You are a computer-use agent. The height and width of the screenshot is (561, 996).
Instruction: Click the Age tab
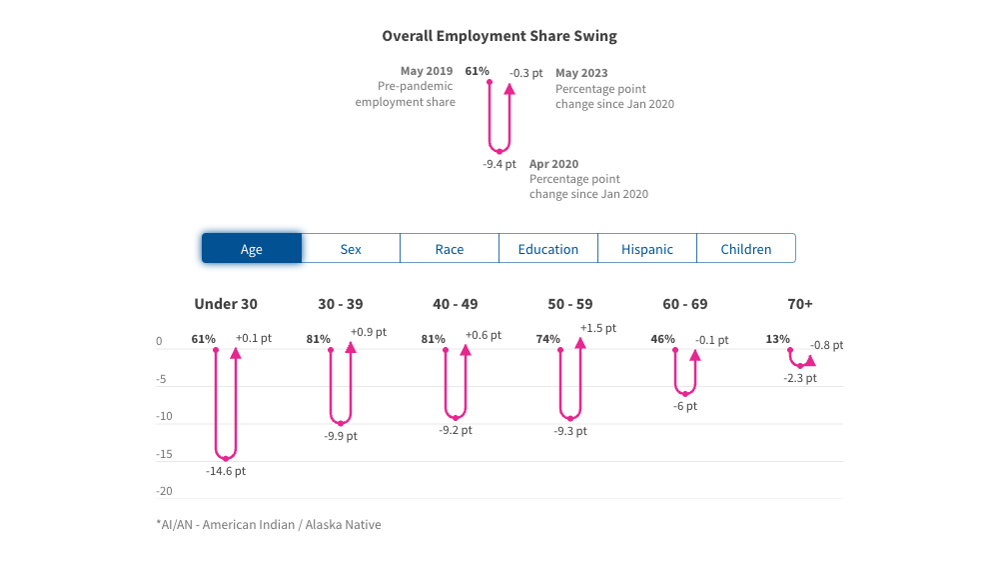[x=252, y=249]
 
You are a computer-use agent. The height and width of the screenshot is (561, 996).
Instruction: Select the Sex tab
[x=351, y=249]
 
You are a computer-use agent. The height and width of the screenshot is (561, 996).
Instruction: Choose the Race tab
[x=450, y=249]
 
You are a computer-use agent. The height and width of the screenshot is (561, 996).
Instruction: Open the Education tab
[x=547, y=249]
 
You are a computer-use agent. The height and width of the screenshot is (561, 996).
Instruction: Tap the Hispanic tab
[x=646, y=249]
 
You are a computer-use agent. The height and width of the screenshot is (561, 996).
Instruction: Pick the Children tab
[x=745, y=249]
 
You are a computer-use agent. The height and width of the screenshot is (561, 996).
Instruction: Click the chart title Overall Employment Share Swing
[x=498, y=36]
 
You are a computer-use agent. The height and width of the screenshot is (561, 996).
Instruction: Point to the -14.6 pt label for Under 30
[x=226, y=471]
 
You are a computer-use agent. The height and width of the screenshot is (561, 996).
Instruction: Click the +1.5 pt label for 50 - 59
[x=597, y=328]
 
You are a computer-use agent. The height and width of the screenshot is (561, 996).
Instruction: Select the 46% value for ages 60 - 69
[x=662, y=339]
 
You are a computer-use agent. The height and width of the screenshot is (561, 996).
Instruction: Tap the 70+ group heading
[x=799, y=304]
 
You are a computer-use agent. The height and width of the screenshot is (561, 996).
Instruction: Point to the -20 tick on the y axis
[x=165, y=491]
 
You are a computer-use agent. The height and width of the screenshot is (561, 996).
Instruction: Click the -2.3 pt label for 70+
[x=799, y=378]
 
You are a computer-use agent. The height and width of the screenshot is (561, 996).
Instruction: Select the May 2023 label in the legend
[x=581, y=73]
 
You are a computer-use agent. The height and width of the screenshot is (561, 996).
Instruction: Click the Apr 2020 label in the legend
[x=553, y=164]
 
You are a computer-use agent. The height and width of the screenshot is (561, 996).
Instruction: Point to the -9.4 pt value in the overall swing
[x=499, y=164]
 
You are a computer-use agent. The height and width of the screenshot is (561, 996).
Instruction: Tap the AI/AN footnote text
[x=269, y=524]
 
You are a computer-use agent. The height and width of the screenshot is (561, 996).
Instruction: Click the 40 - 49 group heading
[x=456, y=304]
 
